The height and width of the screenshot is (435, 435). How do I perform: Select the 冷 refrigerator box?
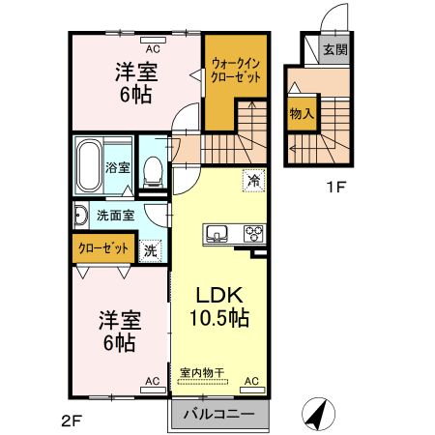[x=253, y=180]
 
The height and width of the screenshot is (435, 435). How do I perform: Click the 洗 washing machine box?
[x=151, y=249]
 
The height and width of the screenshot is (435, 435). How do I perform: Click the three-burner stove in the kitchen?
[x=253, y=233]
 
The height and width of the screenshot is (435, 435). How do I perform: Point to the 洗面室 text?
[x=113, y=216]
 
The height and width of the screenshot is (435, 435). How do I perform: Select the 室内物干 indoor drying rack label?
[x=199, y=370]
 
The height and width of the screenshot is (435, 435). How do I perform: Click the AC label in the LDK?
[x=251, y=383]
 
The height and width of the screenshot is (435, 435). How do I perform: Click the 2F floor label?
[x=72, y=420]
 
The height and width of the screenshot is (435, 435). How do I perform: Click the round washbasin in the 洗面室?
[x=81, y=216]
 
